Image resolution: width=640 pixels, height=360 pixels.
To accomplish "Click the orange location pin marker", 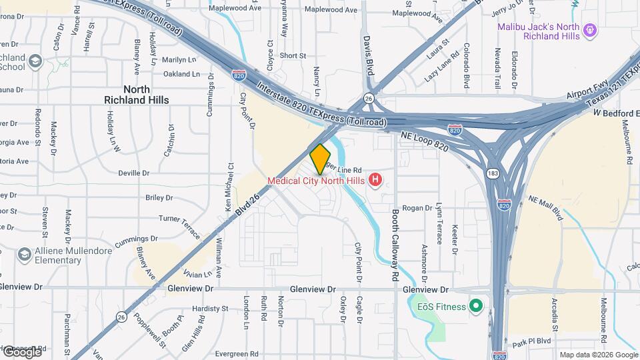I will click(320, 159).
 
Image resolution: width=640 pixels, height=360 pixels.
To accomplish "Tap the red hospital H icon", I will click(375, 180).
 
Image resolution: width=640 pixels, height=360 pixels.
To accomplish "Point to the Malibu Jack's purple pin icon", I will click(589, 30).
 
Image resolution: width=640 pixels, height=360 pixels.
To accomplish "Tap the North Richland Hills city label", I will click(137, 94).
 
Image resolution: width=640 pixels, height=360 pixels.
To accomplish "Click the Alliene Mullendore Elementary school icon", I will click(25, 255).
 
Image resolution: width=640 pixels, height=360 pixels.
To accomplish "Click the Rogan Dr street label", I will click(418, 208).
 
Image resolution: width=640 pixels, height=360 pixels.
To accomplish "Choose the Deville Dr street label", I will click(133, 173).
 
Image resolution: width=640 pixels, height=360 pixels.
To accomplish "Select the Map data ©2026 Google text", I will click(599, 355).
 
